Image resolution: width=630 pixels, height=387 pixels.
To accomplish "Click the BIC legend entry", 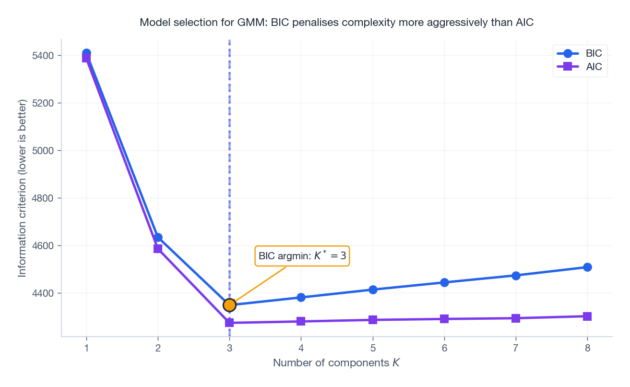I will (x=580, y=53).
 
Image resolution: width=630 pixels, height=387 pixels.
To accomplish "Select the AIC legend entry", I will (x=580, y=67).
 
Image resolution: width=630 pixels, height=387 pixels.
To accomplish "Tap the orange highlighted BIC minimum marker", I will (x=229, y=304).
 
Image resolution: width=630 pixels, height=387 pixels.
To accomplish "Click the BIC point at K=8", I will (x=587, y=267).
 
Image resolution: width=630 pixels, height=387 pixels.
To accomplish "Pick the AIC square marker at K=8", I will (x=587, y=316).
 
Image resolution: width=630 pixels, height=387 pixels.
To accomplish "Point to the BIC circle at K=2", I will (x=158, y=237).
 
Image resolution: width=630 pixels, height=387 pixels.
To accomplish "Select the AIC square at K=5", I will (x=373, y=320).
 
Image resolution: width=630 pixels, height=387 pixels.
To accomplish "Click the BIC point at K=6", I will (x=444, y=282).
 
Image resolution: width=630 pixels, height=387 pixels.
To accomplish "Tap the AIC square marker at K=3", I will (x=229, y=323).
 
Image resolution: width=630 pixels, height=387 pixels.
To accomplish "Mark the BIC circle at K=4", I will (x=301, y=297).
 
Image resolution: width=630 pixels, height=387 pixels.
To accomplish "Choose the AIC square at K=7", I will (x=516, y=318).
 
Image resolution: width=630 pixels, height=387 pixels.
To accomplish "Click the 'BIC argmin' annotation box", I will (x=302, y=256).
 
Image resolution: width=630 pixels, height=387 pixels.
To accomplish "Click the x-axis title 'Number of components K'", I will (x=336, y=363).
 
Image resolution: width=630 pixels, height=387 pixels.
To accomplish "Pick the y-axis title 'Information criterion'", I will (x=22, y=188).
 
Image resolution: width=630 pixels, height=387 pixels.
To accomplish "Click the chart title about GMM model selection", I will (x=336, y=23).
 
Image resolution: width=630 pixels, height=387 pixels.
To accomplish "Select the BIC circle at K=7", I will (x=516, y=276).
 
